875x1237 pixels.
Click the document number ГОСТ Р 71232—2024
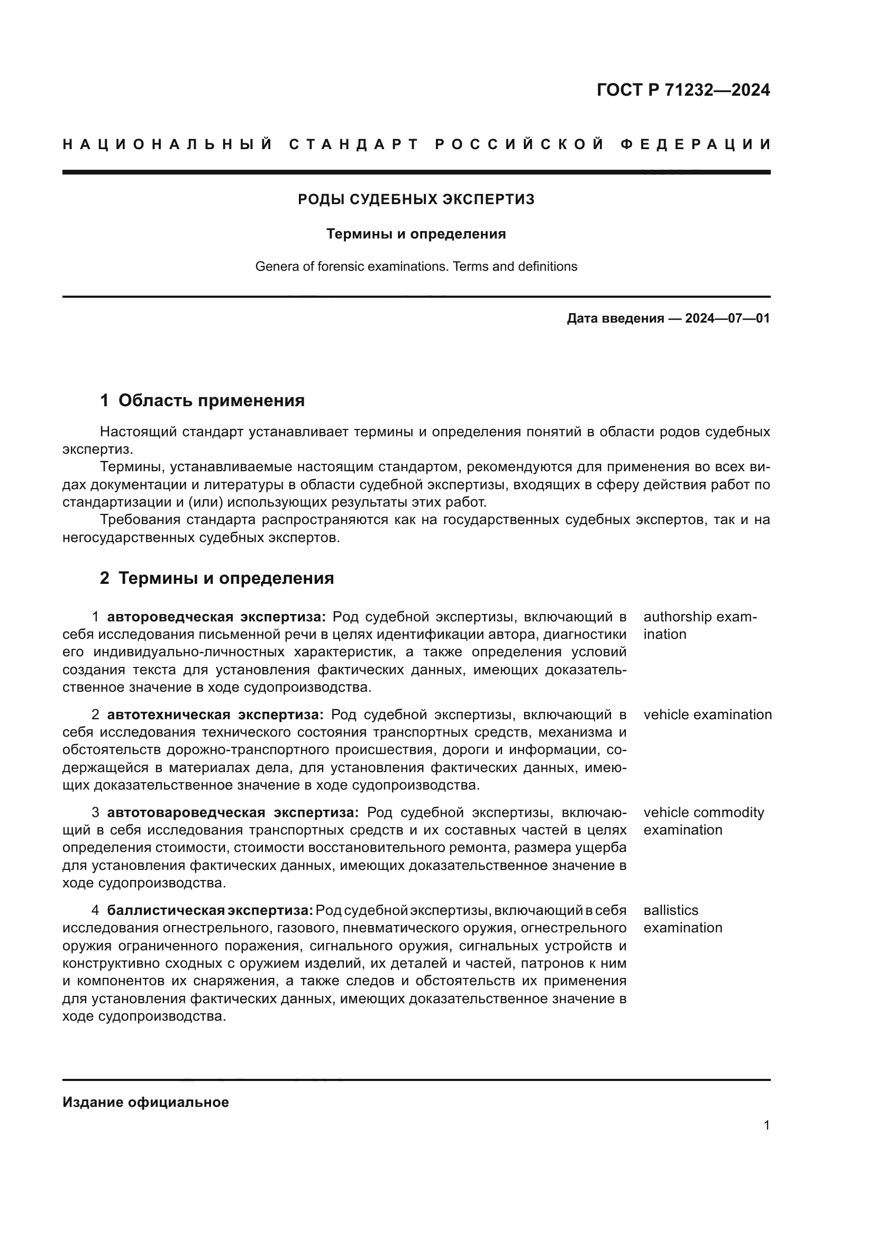point(682,90)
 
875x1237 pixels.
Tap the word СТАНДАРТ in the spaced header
point(354,144)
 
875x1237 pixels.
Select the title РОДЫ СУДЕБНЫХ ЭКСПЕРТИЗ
point(416,199)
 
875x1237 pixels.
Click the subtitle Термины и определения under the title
point(416,234)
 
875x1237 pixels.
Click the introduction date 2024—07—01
point(727,318)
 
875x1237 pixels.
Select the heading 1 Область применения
point(202,400)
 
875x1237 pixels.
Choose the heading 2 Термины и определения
point(216,578)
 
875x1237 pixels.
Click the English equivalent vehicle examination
point(707,714)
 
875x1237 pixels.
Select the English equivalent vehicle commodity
point(703,812)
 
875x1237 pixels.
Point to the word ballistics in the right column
point(670,910)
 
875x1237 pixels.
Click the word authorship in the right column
point(677,616)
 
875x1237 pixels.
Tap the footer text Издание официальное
point(145,1102)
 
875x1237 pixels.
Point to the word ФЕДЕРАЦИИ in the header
point(695,144)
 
